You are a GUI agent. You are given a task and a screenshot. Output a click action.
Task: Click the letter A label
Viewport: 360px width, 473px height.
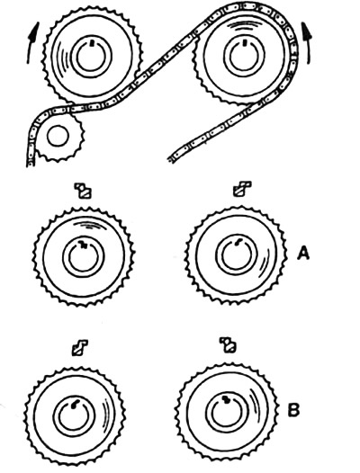point(303,253)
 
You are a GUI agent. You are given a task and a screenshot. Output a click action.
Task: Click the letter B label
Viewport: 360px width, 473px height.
point(293,410)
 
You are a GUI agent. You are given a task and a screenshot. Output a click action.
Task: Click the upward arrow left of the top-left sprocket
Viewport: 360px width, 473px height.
point(32,42)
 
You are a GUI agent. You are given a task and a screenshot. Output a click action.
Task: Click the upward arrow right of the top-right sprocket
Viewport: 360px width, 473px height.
point(307,43)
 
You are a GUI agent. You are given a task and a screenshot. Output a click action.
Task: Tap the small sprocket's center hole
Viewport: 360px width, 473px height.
point(58,137)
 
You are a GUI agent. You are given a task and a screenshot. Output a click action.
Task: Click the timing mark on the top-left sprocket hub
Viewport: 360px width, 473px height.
point(93,43)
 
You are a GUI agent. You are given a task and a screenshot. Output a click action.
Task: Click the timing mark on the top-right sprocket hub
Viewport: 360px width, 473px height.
point(244,43)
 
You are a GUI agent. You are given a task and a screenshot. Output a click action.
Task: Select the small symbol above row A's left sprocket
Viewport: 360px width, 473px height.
point(83,191)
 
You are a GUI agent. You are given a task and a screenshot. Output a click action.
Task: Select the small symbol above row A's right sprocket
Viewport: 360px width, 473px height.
point(242,189)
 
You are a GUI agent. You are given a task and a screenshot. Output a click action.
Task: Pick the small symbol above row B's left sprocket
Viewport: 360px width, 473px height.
point(80,347)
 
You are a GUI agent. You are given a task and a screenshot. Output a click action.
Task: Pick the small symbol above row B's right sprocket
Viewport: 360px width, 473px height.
point(228,345)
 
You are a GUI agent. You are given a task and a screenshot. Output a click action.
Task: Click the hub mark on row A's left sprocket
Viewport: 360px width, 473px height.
point(83,244)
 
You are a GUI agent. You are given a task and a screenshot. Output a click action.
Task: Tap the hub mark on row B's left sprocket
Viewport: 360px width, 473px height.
point(75,405)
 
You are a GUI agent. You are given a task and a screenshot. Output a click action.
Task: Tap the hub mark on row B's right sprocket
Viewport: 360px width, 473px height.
point(226,399)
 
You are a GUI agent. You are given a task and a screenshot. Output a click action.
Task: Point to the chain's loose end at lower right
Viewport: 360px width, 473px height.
point(171,159)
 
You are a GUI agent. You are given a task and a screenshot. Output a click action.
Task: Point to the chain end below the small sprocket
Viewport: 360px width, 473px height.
point(31,164)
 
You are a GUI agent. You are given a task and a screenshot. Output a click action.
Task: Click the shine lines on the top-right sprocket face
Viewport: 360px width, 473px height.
point(245,26)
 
